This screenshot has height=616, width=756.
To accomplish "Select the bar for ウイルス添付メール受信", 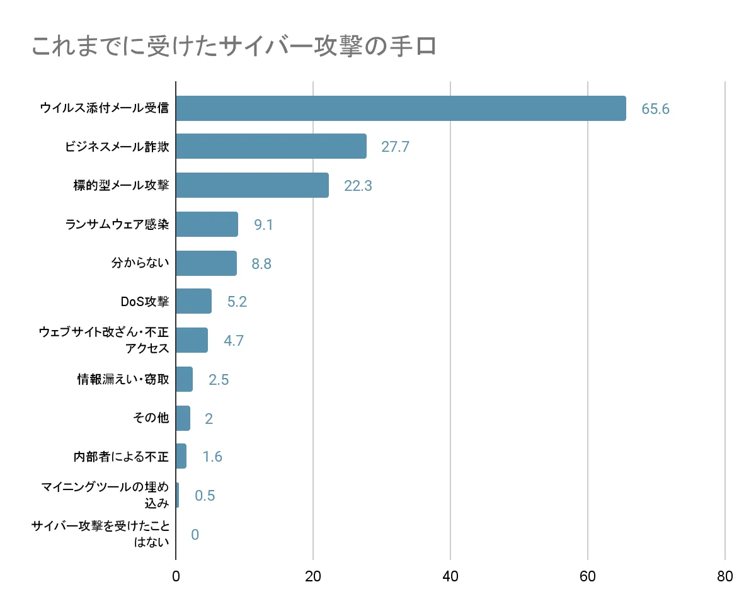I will pyautogui.click(x=401, y=108).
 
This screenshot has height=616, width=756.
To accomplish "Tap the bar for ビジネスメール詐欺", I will pyautogui.click(x=271, y=146).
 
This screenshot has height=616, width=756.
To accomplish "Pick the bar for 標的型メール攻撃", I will pyautogui.click(x=252, y=185).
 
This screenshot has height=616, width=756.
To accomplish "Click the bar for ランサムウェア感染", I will pyautogui.click(x=207, y=224).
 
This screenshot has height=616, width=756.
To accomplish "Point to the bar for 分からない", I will pyautogui.click(x=206, y=263).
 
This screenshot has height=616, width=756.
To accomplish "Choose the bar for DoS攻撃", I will pyautogui.click(x=193, y=302).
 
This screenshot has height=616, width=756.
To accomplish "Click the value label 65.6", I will pyautogui.click(x=655, y=109).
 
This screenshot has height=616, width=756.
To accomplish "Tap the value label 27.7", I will pyautogui.click(x=395, y=147).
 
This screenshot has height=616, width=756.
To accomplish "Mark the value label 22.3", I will pyautogui.click(x=358, y=186).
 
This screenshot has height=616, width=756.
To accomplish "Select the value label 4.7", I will pyautogui.click(x=233, y=341).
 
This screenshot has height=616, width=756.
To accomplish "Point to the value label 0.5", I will pyautogui.click(x=205, y=496).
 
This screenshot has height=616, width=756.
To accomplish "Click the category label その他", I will pyautogui.click(x=152, y=418).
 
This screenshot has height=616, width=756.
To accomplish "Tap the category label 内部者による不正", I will pyautogui.click(x=121, y=457).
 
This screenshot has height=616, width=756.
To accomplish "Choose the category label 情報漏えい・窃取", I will pyautogui.click(x=123, y=379).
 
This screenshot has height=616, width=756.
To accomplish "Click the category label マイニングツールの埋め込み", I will pyautogui.click(x=105, y=494).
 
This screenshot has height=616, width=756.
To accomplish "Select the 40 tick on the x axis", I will pyautogui.click(x=450, y=576).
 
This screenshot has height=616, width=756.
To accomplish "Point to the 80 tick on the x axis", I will pyautogui.click(x=725, y=576).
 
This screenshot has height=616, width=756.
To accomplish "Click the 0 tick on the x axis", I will pyautogui.click(x=176, y=576).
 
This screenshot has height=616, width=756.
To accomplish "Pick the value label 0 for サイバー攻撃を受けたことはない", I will pyautogui.click(x=195, y=535).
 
